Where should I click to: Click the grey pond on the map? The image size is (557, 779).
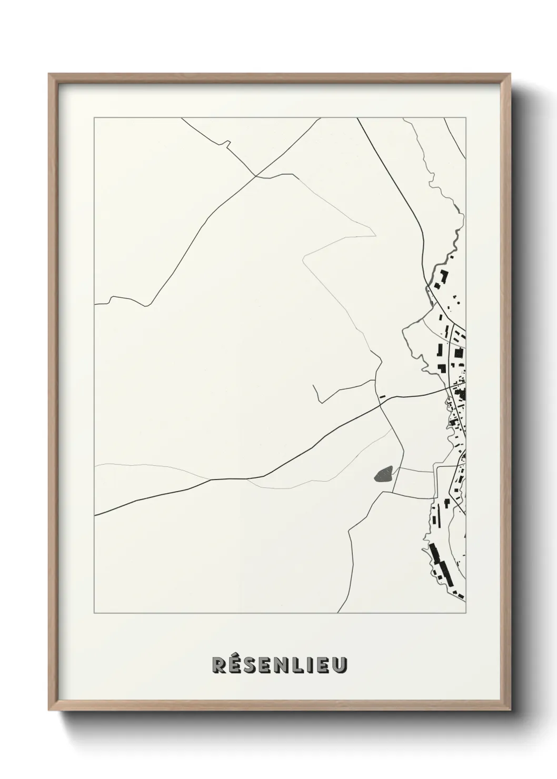click(383, 475)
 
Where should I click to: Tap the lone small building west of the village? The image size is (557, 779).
click(383, 395)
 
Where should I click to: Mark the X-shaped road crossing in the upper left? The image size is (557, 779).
click(255, 176)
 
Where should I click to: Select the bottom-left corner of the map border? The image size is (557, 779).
click(94, 613)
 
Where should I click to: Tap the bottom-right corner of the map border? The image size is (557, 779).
click(466, 613)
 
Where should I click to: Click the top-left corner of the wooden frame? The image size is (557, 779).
click(49, 74)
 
